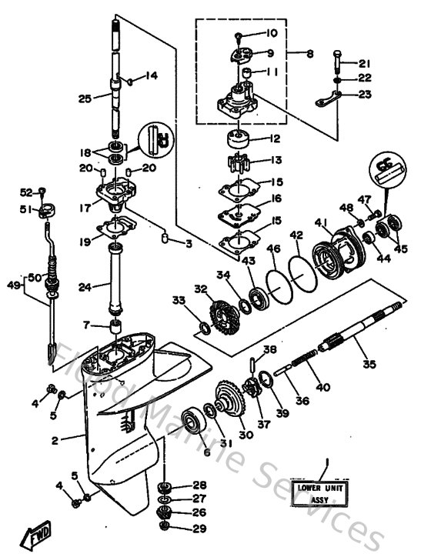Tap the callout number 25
click(85, 98)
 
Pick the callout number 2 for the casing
click(55, 441)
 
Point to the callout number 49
click(12, 285)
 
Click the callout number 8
click(309, 54)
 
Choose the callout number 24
click(85, 288)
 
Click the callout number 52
click(25, 192)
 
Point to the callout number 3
click(189, 243)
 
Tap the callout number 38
click(266, 349)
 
